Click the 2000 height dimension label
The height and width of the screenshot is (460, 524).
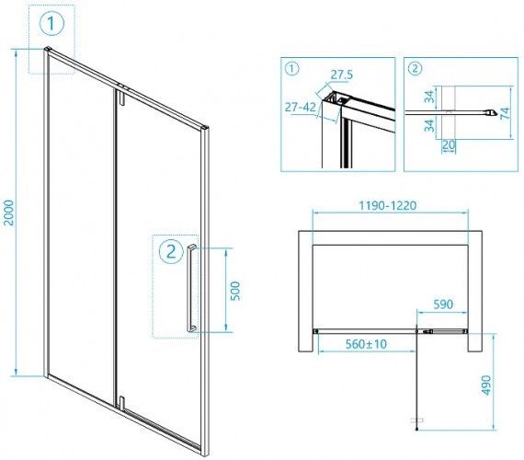pos(8,213)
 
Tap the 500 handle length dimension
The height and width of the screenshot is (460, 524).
pos(235,291)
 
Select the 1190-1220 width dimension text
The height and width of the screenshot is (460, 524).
pos(388,205)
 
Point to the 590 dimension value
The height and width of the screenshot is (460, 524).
pos(443,305)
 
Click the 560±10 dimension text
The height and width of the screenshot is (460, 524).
pos(366,344)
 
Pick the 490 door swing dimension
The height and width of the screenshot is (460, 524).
pos(486,385)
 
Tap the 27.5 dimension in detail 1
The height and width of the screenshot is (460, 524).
pos(342,75)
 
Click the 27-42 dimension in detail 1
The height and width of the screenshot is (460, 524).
pos(300,107)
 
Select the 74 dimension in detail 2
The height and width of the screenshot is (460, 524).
pos(505,113)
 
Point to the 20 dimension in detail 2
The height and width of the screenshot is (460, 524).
pos(449,145)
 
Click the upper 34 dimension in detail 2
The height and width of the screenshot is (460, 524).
pos(429,97)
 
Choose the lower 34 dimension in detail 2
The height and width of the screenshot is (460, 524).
pos(429,125)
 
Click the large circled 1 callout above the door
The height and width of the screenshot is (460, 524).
pos(51,23)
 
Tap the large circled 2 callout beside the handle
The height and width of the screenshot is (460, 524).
pos(171,251)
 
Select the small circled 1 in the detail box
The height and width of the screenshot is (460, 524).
pos(291,69)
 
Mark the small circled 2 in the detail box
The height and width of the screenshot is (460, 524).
pos(415,69)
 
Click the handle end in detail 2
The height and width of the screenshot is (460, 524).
pos(491,113)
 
